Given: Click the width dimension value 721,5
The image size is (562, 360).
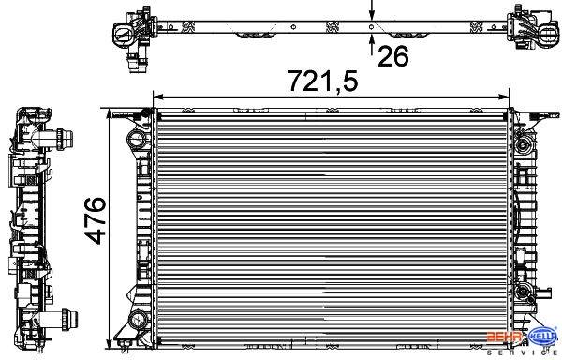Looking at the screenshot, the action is point(323,82).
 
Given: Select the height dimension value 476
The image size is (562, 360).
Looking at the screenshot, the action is point(95,220).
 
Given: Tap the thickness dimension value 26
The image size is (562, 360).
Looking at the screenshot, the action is point(393,56).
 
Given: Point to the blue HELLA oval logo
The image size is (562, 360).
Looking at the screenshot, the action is point(543,337).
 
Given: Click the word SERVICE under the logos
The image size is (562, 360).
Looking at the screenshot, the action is point(524,353).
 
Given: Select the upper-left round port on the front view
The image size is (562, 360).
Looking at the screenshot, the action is point(136,139).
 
